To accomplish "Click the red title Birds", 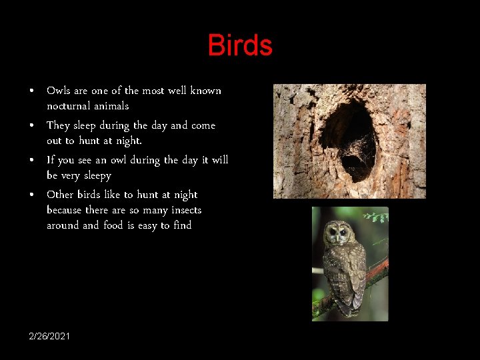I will pos(240,45).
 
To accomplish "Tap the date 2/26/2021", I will pos(49,335).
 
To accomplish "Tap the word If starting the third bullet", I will pos(50,160).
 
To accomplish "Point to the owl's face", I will pos(338,233).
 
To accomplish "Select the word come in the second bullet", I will pos(203,125).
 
